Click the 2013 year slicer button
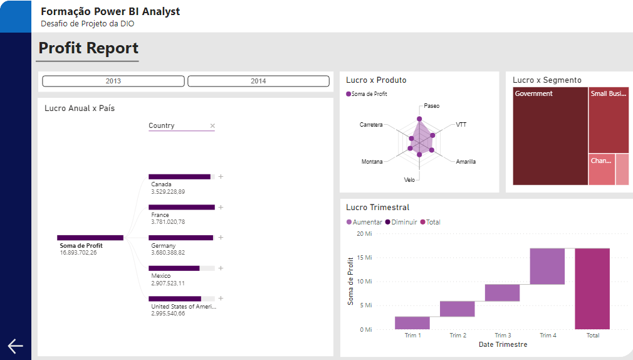pos(113,81)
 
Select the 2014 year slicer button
pos(258,81)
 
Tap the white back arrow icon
pos(15,346)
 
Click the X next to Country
pos(212,126)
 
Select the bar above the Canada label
pos(180,177)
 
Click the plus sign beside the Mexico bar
pos(221,268)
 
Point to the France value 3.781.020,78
pos(168,222)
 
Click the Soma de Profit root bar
pos(90,238)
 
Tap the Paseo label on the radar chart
pos(431,106)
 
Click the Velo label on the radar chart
pos(409,180)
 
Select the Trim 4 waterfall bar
pos(547,266)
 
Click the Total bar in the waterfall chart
pos(592,289)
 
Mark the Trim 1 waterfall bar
pos(412,322)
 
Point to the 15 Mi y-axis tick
pos(365,258)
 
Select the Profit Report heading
pos(88,48)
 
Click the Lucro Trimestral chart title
pos(378,208)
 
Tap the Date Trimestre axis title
pos(503,344)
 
